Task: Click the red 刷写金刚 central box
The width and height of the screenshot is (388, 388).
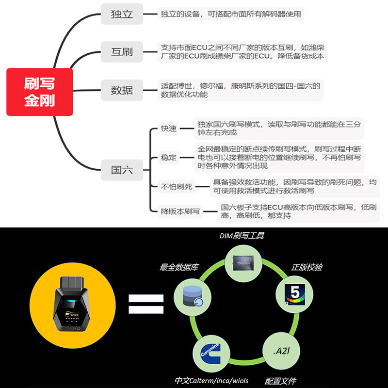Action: (x=40, y=92)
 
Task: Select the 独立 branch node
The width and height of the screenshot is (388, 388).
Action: (x=122, y=14)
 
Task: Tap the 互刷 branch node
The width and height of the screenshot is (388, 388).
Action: (x=122, y=51)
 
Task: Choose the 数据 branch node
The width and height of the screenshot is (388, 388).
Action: (x=122, y=90)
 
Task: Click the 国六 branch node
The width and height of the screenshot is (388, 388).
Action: (x=122, y=170)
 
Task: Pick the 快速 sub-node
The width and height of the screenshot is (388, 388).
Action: (x=170, y=129)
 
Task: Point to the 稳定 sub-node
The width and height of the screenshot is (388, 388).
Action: (x=170, y=157)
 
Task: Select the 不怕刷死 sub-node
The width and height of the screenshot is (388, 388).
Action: (x=178, y=186)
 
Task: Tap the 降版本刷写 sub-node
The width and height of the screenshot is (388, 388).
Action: (x=180, y=211)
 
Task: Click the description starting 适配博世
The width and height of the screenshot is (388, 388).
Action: (x=241, y=90)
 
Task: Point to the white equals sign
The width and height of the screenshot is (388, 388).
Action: (x=146, y=304)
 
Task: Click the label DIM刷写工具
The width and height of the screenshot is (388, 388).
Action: (x=242, y=236)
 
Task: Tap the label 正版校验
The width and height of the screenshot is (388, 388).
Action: (x=307, y=267)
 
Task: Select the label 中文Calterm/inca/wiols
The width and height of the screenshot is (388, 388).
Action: (x=211, y=381)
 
